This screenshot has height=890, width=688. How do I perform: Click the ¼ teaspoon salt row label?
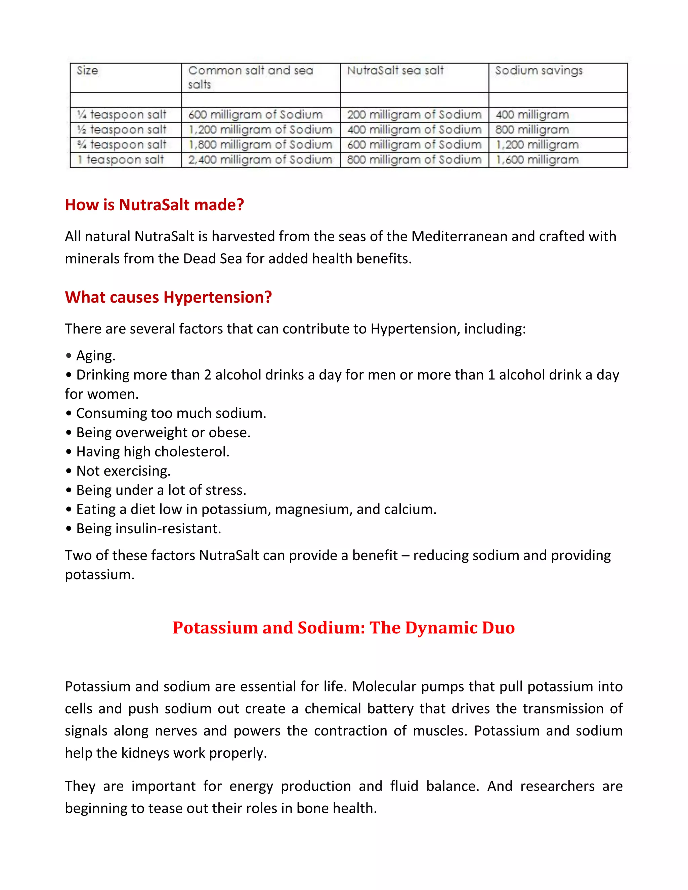(x=122, y=115)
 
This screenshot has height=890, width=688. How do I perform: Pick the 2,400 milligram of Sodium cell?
(x=260, y=160)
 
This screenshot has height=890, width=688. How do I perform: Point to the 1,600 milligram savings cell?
(x=537, y=160)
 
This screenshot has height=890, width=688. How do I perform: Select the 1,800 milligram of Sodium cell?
(x=260, y=145)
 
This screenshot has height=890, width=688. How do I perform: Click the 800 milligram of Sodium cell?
(x=414, y=160)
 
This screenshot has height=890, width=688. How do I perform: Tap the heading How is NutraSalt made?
(x=155, y=205)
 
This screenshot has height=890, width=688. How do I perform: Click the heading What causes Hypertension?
(x=168, y=297)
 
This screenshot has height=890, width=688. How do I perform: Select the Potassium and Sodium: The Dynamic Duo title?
(x=343, y=628)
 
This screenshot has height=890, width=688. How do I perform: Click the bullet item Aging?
(x=95, y=356)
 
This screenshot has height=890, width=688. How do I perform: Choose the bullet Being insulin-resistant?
(x=148, y=529)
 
